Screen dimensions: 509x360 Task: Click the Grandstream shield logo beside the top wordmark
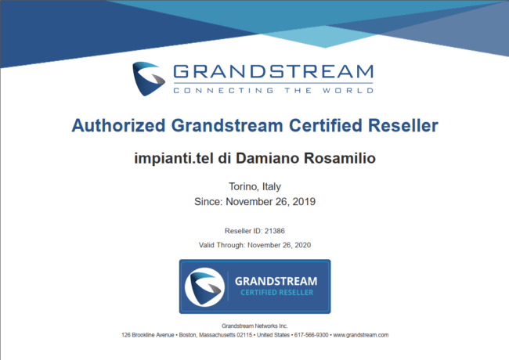tap(149, 78)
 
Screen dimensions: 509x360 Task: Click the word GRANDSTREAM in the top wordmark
tap(273, 71)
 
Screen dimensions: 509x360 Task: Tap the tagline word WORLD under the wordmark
tap(348, 91)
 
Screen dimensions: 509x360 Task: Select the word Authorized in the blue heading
tap(118, 125)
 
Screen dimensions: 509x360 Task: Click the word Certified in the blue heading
tap(325, 125)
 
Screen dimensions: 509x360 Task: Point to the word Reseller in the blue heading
tap(403, 125)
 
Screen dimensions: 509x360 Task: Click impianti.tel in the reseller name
tap(174, 158)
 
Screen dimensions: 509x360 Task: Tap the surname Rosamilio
tap(340, 158)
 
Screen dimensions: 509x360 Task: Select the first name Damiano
tap(268, 158)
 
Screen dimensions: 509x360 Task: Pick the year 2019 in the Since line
tap(304, 202)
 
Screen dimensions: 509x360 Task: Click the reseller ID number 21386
tap(275, 231)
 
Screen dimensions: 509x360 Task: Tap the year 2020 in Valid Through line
tap(302, 245)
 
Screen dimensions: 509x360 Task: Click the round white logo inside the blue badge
tap(204, 286)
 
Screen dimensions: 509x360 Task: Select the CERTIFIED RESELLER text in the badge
tap(277, 293)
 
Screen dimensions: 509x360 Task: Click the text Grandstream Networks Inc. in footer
tap(254, 326)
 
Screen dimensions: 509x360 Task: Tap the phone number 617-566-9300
tap(312, 335)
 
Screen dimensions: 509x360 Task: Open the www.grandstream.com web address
tap(361, 335)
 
